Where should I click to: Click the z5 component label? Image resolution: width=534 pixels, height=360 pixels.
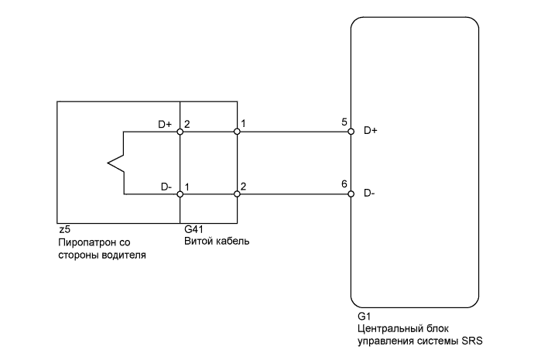[x=64, y=230]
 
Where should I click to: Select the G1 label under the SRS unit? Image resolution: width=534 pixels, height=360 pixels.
[x=364, y=317]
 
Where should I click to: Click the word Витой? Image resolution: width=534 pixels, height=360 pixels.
[x=198, y=242]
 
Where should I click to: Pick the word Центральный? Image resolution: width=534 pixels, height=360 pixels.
[x=389, y=330]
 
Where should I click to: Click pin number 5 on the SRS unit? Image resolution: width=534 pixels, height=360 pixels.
[x=343, y=123]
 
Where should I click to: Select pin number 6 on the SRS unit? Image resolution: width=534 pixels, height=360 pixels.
[x=343, y=184]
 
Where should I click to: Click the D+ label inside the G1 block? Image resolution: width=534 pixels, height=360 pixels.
[x=370, y=131]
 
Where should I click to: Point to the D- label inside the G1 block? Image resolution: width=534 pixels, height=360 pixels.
[x=369, y=193]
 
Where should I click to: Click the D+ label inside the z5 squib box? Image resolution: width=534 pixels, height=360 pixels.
[x=163, y=124]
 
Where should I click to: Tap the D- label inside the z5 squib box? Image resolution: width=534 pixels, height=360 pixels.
[x=166, y=187]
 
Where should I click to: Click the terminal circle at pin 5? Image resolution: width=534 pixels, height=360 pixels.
[x=351, y=132]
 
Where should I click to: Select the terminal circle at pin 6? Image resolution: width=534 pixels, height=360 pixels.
[x=351, y=193]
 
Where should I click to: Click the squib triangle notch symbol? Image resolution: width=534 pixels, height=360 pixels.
[x=114, y=163]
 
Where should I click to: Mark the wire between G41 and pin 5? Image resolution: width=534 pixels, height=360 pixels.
[x=294, y=132]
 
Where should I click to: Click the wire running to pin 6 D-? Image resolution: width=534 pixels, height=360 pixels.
[x=294, y=193]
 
